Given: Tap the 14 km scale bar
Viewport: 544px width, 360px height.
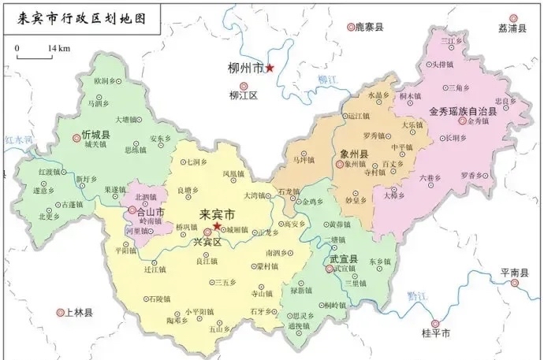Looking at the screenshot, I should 32,56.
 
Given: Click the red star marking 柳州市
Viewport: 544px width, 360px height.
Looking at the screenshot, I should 270,69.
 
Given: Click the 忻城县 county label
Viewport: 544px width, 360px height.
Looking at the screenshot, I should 95,134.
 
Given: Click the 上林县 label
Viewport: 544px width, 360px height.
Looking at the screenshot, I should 78,313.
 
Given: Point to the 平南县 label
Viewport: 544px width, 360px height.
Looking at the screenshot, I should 515,275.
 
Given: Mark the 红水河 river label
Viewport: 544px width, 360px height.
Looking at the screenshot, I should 17,139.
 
